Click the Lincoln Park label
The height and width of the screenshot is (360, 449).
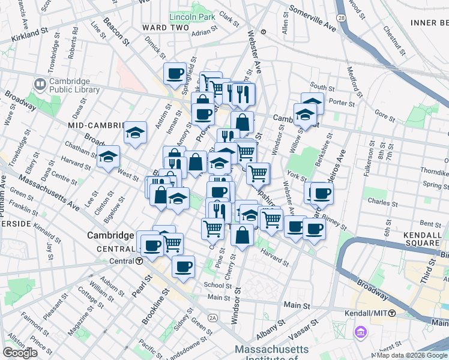tap(192, 17)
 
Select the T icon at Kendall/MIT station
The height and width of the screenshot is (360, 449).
tap(392, 313)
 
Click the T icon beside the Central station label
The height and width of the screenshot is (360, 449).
tap(139, 261)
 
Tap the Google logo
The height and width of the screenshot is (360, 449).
tap(20, 353)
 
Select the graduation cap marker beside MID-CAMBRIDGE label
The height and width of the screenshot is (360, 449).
tap(136, 133)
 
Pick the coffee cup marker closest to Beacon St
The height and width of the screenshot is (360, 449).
tap(175, 73)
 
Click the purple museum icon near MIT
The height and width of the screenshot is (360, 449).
tap(360, 331)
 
